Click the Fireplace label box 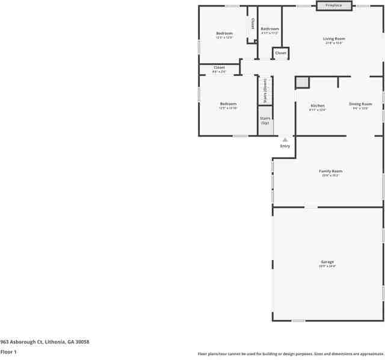click(334, 5)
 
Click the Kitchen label click(317, 106)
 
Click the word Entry click(285, 146)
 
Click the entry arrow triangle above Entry click(285, 139)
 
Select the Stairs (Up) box click(265, 120)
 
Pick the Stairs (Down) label click(265, 90)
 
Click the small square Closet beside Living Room click(281, 54)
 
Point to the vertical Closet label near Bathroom click(253, 23)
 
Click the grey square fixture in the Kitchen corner click(301, 82)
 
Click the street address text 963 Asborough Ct click(45, 341)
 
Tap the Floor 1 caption click(8, 352)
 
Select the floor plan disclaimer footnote click(290, 354)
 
